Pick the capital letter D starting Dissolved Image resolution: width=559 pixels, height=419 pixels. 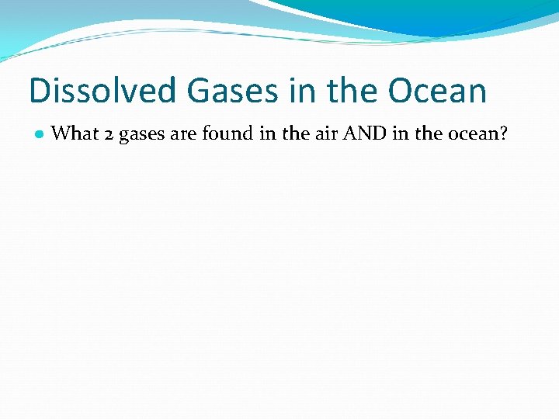tap(40, 91)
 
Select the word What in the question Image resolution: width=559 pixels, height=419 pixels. tap(74, 133)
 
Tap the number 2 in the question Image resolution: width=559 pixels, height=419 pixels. tap(109, 134)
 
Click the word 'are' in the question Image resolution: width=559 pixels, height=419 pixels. tap(183, 134)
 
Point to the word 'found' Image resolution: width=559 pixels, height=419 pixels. tap(227, 133)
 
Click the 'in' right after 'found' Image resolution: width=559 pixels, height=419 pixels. tap(267, 133)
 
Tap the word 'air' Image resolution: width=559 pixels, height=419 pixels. tap(327, 133)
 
